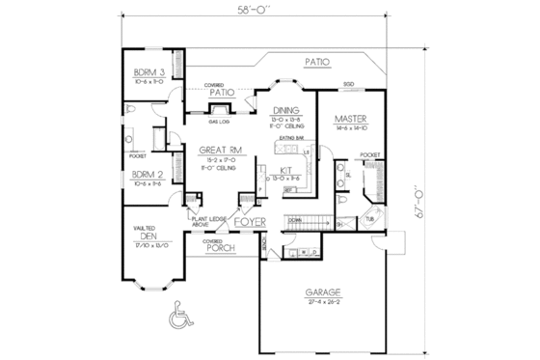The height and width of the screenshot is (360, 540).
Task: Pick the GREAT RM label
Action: [x=220, y=152]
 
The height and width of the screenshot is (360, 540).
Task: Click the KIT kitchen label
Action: [x=286, y=170]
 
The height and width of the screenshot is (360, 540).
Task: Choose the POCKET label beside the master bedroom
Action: [x=369, y=154]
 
